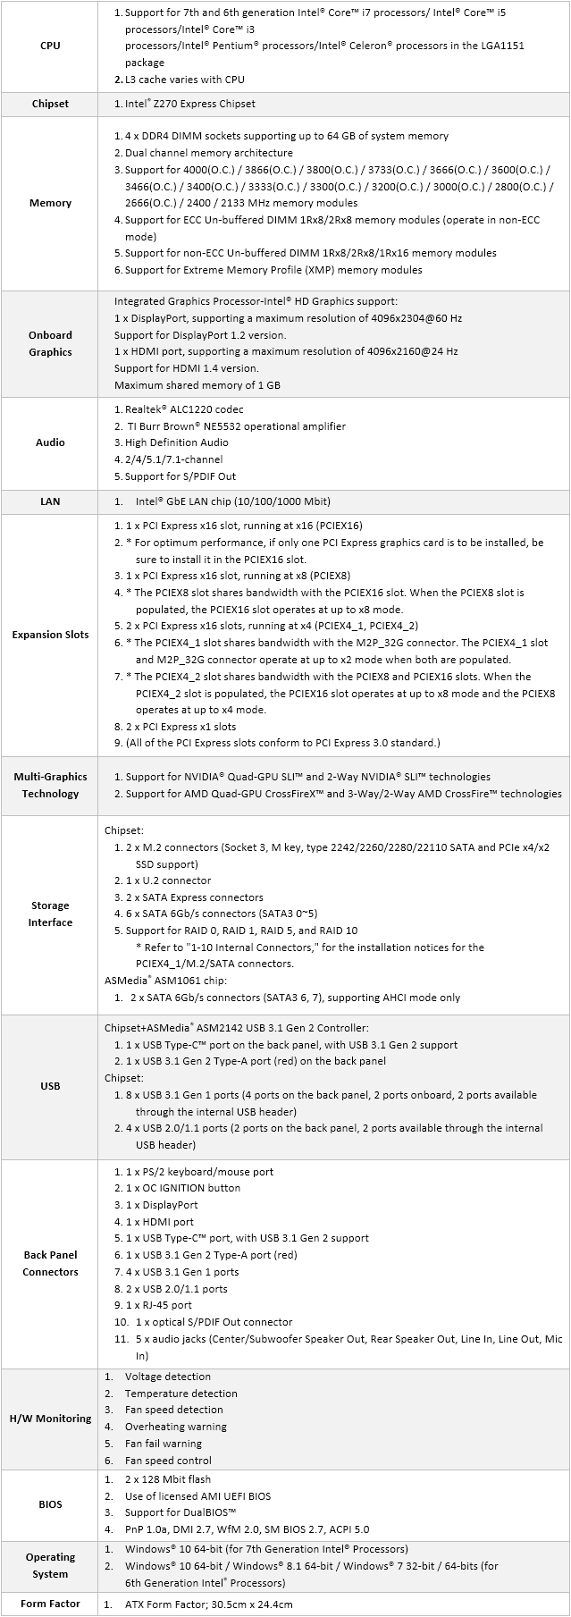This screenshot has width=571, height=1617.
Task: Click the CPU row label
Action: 50,46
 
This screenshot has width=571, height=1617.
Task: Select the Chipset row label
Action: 50,104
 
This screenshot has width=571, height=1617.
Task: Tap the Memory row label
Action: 50,203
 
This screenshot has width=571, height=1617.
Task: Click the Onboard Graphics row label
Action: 50,343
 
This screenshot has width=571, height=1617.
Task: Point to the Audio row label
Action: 50,442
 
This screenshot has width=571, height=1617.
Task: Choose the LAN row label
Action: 50,501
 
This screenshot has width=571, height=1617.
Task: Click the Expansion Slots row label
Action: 50,635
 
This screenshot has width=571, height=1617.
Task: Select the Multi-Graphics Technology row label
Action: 50,785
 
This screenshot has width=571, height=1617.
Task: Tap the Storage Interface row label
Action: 50,914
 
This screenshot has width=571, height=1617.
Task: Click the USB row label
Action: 50,1086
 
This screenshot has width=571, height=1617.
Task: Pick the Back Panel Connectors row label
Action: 50,1263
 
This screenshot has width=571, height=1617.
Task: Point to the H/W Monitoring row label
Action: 50,1419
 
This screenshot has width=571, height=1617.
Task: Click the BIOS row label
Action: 50,1504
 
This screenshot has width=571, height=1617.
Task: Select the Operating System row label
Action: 50,1565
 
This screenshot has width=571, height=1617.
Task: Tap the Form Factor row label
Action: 50,1604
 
